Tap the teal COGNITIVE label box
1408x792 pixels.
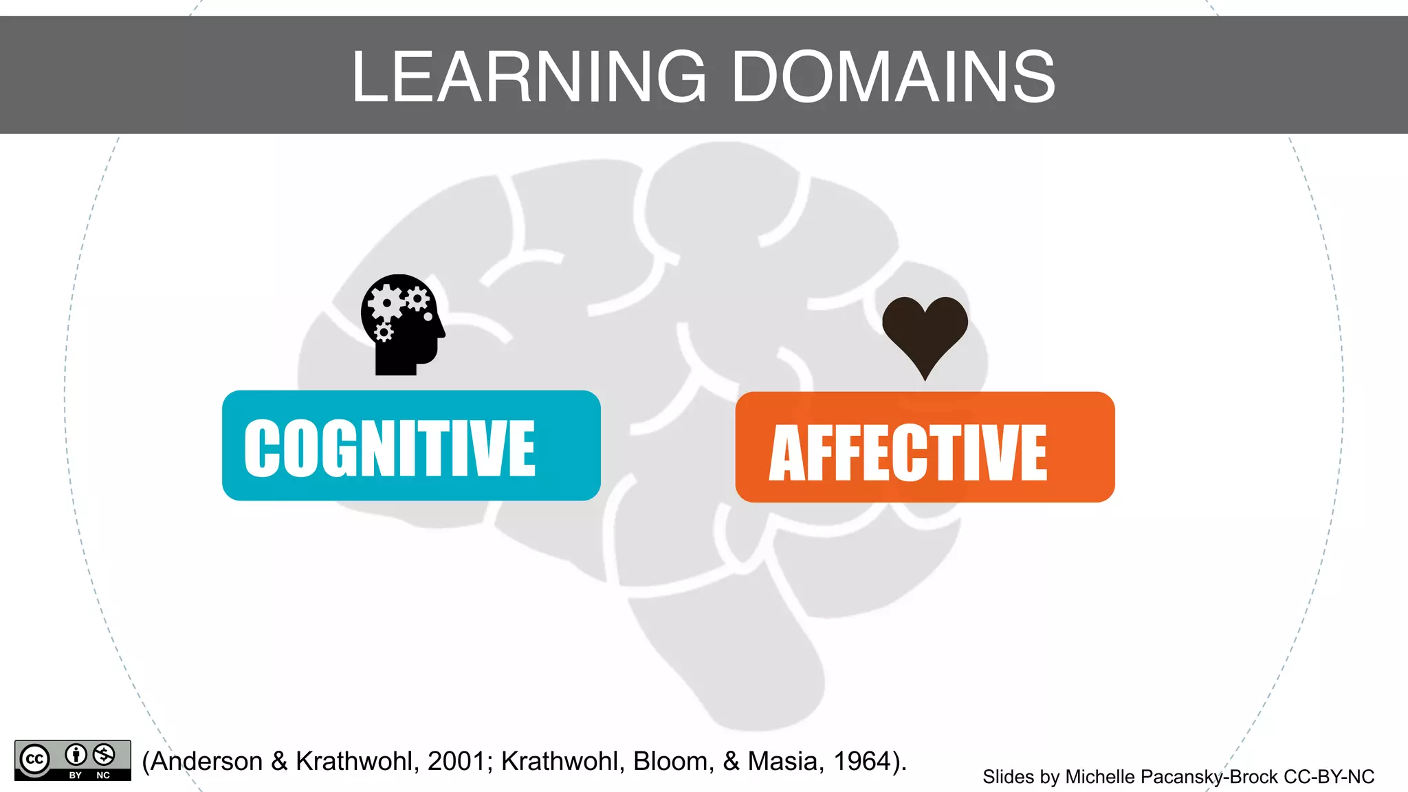411,445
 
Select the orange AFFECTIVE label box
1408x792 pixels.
925,447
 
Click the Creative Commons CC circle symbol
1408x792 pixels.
34,760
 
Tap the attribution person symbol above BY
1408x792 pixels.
76,754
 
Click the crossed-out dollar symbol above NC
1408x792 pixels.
104,754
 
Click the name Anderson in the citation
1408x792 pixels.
207,761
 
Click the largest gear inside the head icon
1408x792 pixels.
386,302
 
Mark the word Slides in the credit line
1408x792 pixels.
1008,777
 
